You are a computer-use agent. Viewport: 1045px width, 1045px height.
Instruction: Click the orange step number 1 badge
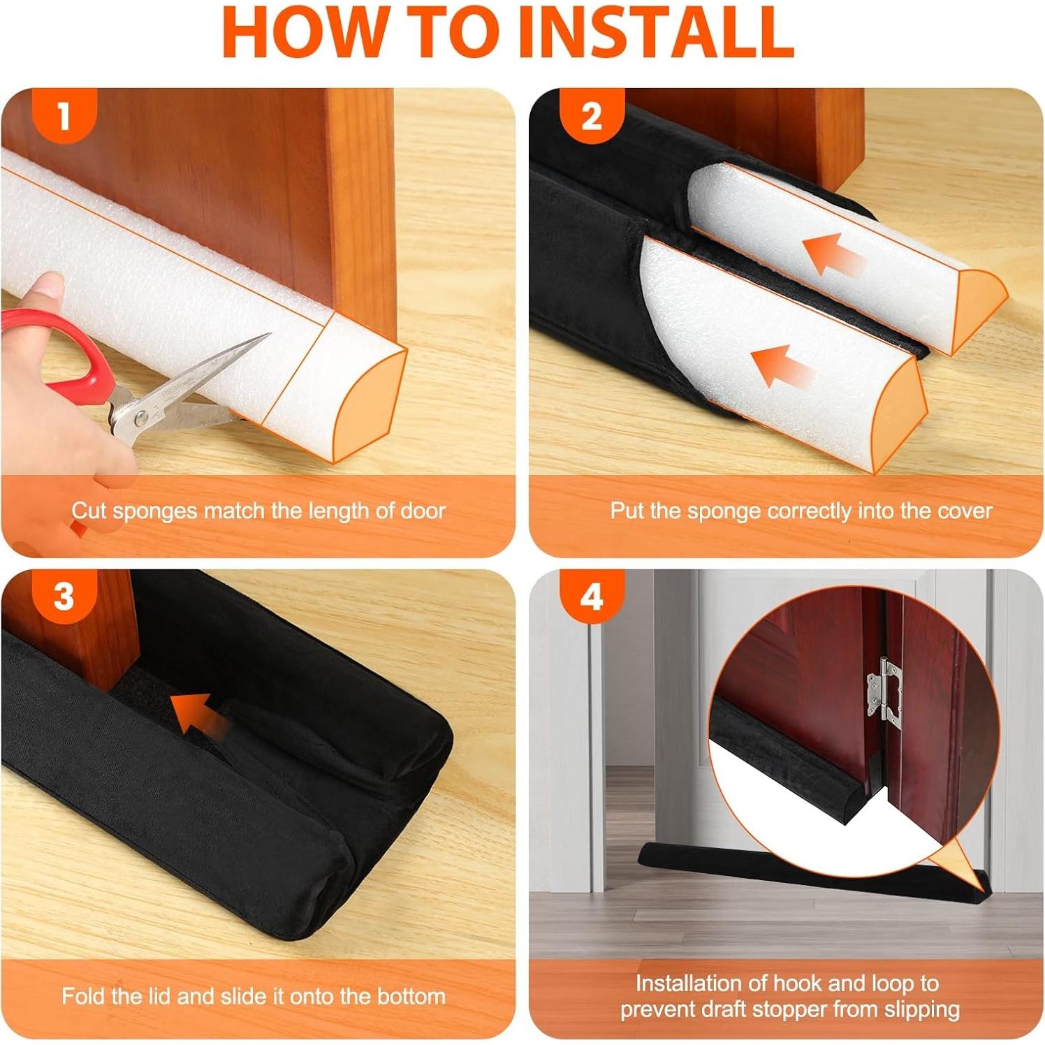(x=64, y=115)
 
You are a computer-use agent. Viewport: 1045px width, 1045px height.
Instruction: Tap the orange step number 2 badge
(x=591, y=115)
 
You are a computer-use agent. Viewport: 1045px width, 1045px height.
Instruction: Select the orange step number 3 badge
(x=64, y=596)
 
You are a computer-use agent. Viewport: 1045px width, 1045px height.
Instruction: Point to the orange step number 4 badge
(x=591, y=596)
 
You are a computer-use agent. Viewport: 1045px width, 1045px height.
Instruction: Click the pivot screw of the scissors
(x=142, y=418)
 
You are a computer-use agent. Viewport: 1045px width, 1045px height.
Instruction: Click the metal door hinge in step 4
(x=884, y=689)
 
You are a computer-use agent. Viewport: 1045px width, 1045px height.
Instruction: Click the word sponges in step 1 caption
(x=155, y=511)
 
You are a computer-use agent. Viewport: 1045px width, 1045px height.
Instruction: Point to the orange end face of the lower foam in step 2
(x=900, y=415)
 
